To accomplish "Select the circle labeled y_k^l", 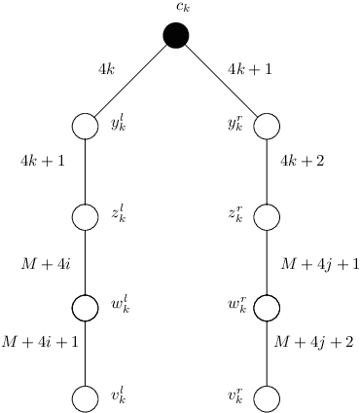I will (x=86, y=127).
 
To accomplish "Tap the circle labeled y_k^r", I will (x=267, y=127).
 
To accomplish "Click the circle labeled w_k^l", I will (x=86, y=308).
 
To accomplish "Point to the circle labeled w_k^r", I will (x=267, y=308).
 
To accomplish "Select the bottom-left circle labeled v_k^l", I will (x=86, y=398).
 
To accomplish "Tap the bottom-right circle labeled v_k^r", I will (x=267, y=398).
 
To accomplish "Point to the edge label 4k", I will (x=107, y=69).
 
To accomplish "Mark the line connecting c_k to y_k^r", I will (x=222, y=82).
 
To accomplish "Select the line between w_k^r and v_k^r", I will (x=267, y=354).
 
